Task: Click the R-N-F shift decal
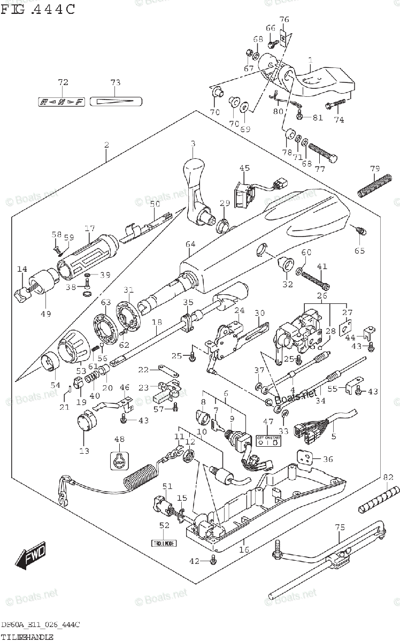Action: click(62, 102)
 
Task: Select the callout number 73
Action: click(116, 82)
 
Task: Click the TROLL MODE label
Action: click(163, 543)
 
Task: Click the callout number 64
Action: click(190, 244)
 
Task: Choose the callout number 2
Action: click(106, 145)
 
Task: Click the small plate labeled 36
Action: click(304, 457)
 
